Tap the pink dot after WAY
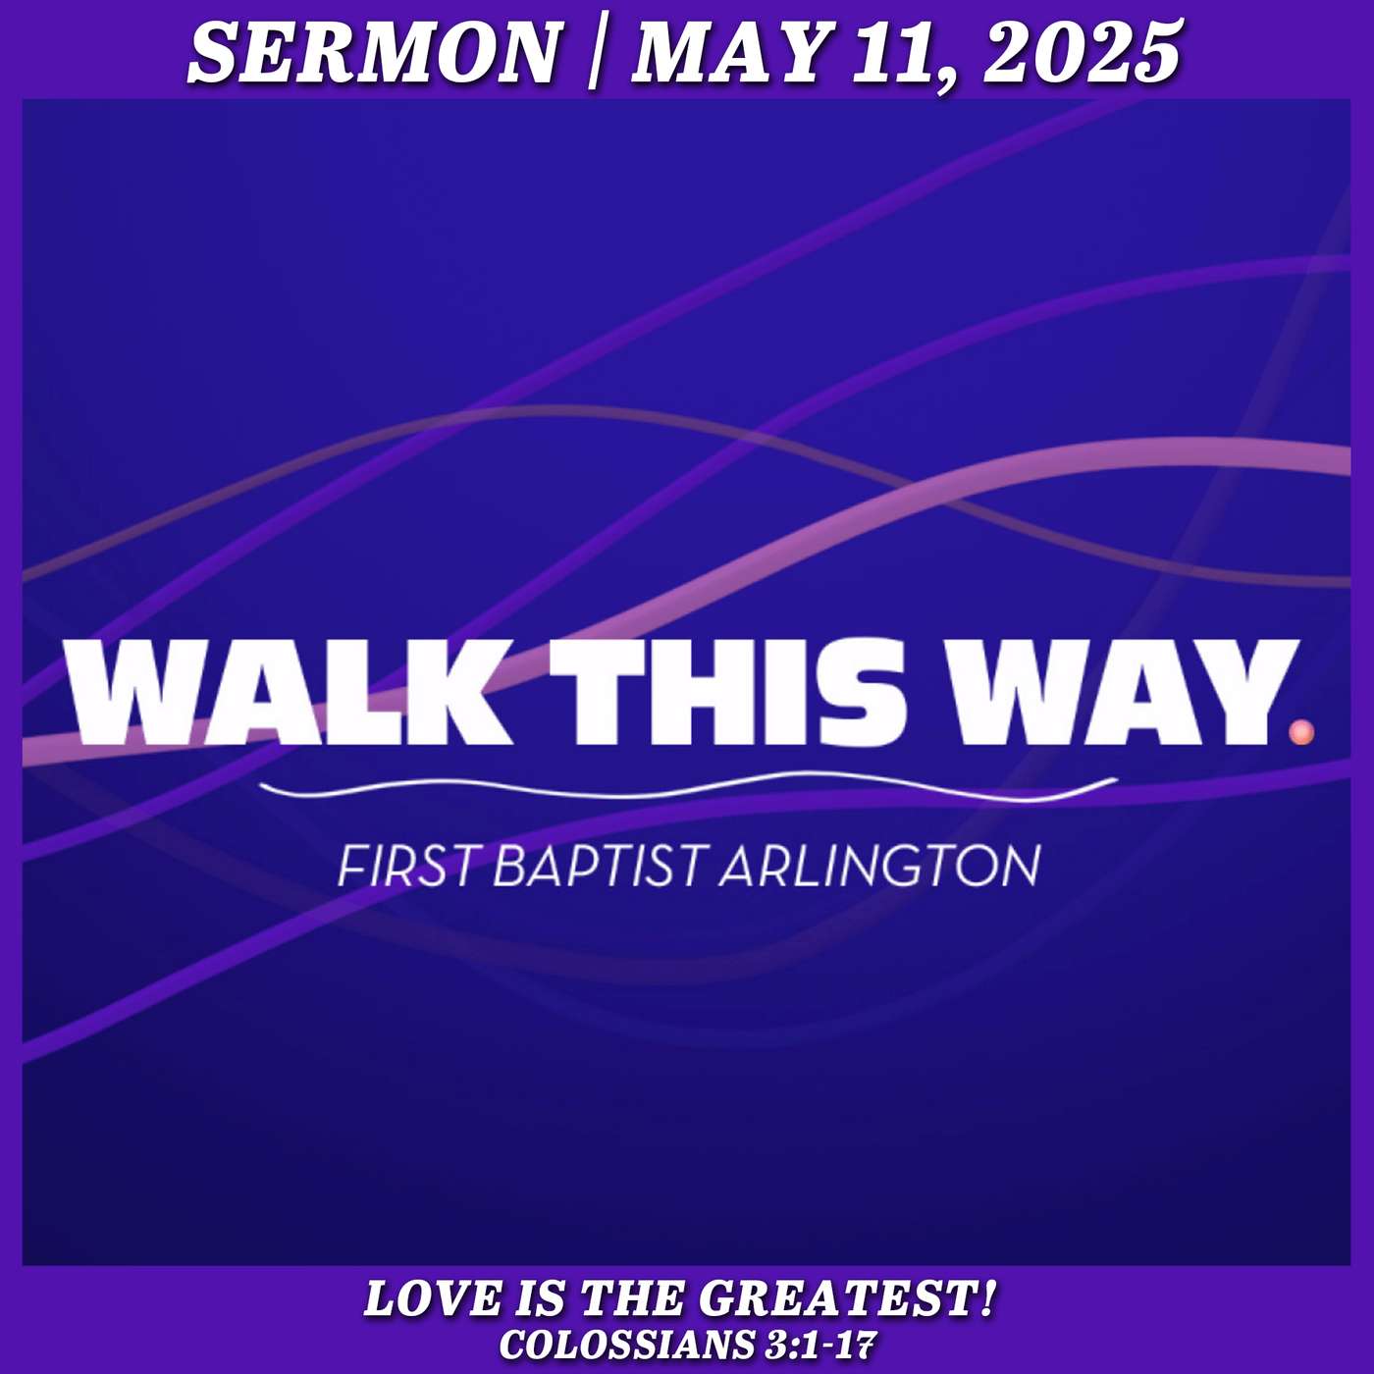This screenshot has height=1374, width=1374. pos(1302,732)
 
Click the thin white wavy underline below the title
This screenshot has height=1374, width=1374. pos(688,789)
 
